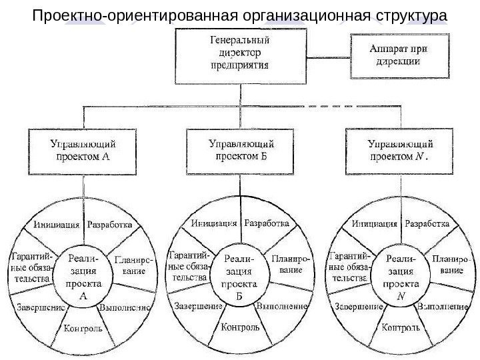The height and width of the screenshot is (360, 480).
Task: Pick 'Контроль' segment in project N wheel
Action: tap(401, 329)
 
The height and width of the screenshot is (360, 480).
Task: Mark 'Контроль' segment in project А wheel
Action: tap(83, 329)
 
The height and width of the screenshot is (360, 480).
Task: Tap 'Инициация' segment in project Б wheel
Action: tap(215, 223)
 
